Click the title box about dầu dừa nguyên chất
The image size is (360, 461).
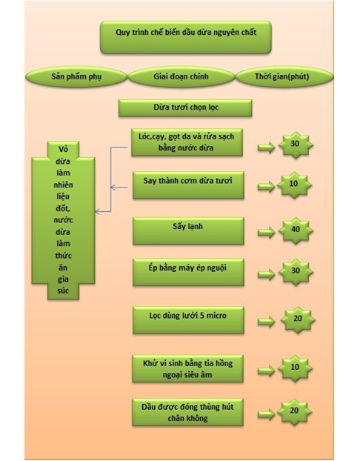pyautogui.click(x=186, y=37)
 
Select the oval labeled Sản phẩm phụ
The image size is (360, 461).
pyautogui.click(x=76, y=77)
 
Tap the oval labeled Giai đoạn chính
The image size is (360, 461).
pyautogui.click(x=181, y=77)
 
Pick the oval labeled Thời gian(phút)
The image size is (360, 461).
pyautogui.click(x=284, y=77)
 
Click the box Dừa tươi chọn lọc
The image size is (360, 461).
pyautogui.click(x=185, y=108)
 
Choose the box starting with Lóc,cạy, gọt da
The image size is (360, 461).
pyautogui.click(x=187, y=142)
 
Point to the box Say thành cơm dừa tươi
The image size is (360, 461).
pyautogui.click(x=188, y=185)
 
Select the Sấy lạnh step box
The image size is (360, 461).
pyautogui.click(x=188, y=230)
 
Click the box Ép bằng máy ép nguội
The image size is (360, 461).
pyautogui.click(x=188, y=272)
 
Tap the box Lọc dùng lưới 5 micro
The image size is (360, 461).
pyautogui.click(x=188, y=320)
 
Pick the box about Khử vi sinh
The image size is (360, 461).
pyautogui.click(x=188, y=368)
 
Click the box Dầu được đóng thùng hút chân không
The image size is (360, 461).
pyautogui.click(x=188, y=412)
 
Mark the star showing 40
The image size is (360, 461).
pyautogui.click(x=296, y=230)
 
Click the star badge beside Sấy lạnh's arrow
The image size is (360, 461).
pyautogui.click(x=296, y=230)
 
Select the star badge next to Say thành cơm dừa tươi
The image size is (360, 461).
pyautogui.click(x=295, y=185)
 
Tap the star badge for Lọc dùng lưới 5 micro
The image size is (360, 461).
pyautogui.click(x=298, y=319)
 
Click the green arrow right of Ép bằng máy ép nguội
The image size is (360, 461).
pyautogui.click(x=266, y=274)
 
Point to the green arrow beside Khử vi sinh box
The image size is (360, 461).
pyautogui.click(x=266, y=371)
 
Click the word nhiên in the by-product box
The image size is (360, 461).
pyautogui.click(x=63, y=185)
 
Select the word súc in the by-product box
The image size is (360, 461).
pyautogui.click(x=63, y=291)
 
